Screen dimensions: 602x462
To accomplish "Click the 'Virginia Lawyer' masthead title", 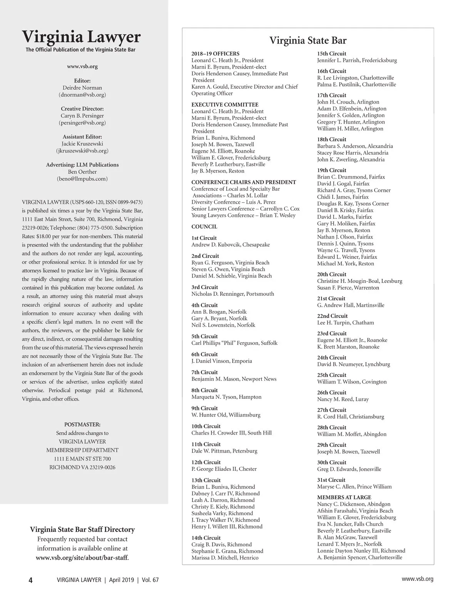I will tap(81, 37).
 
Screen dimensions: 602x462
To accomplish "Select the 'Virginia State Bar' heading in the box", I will tap(308, 41).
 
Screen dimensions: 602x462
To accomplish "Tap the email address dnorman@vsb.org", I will tap(82, 95).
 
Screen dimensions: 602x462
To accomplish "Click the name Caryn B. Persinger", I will tap(82, 116).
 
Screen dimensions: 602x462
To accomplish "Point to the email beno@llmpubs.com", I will tap(82, 179).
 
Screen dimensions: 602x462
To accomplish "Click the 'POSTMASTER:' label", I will tap(82, 425).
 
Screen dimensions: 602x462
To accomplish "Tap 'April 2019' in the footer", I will tap(121, 580).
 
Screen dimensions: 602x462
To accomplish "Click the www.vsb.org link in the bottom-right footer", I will tap(417, 579).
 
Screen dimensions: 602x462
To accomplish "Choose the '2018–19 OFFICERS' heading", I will tap(215, 54).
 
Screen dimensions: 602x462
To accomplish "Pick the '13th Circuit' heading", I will tap(206, 480).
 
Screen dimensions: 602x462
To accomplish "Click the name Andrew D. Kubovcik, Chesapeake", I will tap(231, 245).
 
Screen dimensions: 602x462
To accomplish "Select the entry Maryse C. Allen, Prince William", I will tap(354, 487).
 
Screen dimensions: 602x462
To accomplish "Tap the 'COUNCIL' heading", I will tap(204, 227).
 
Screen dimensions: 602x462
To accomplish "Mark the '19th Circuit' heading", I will tap(331, 170).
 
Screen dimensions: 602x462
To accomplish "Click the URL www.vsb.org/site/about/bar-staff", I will tap(82, 558).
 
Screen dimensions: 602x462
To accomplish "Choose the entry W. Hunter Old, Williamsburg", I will tap(226, 415).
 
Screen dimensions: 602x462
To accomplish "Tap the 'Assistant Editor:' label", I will tap(82, 137).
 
